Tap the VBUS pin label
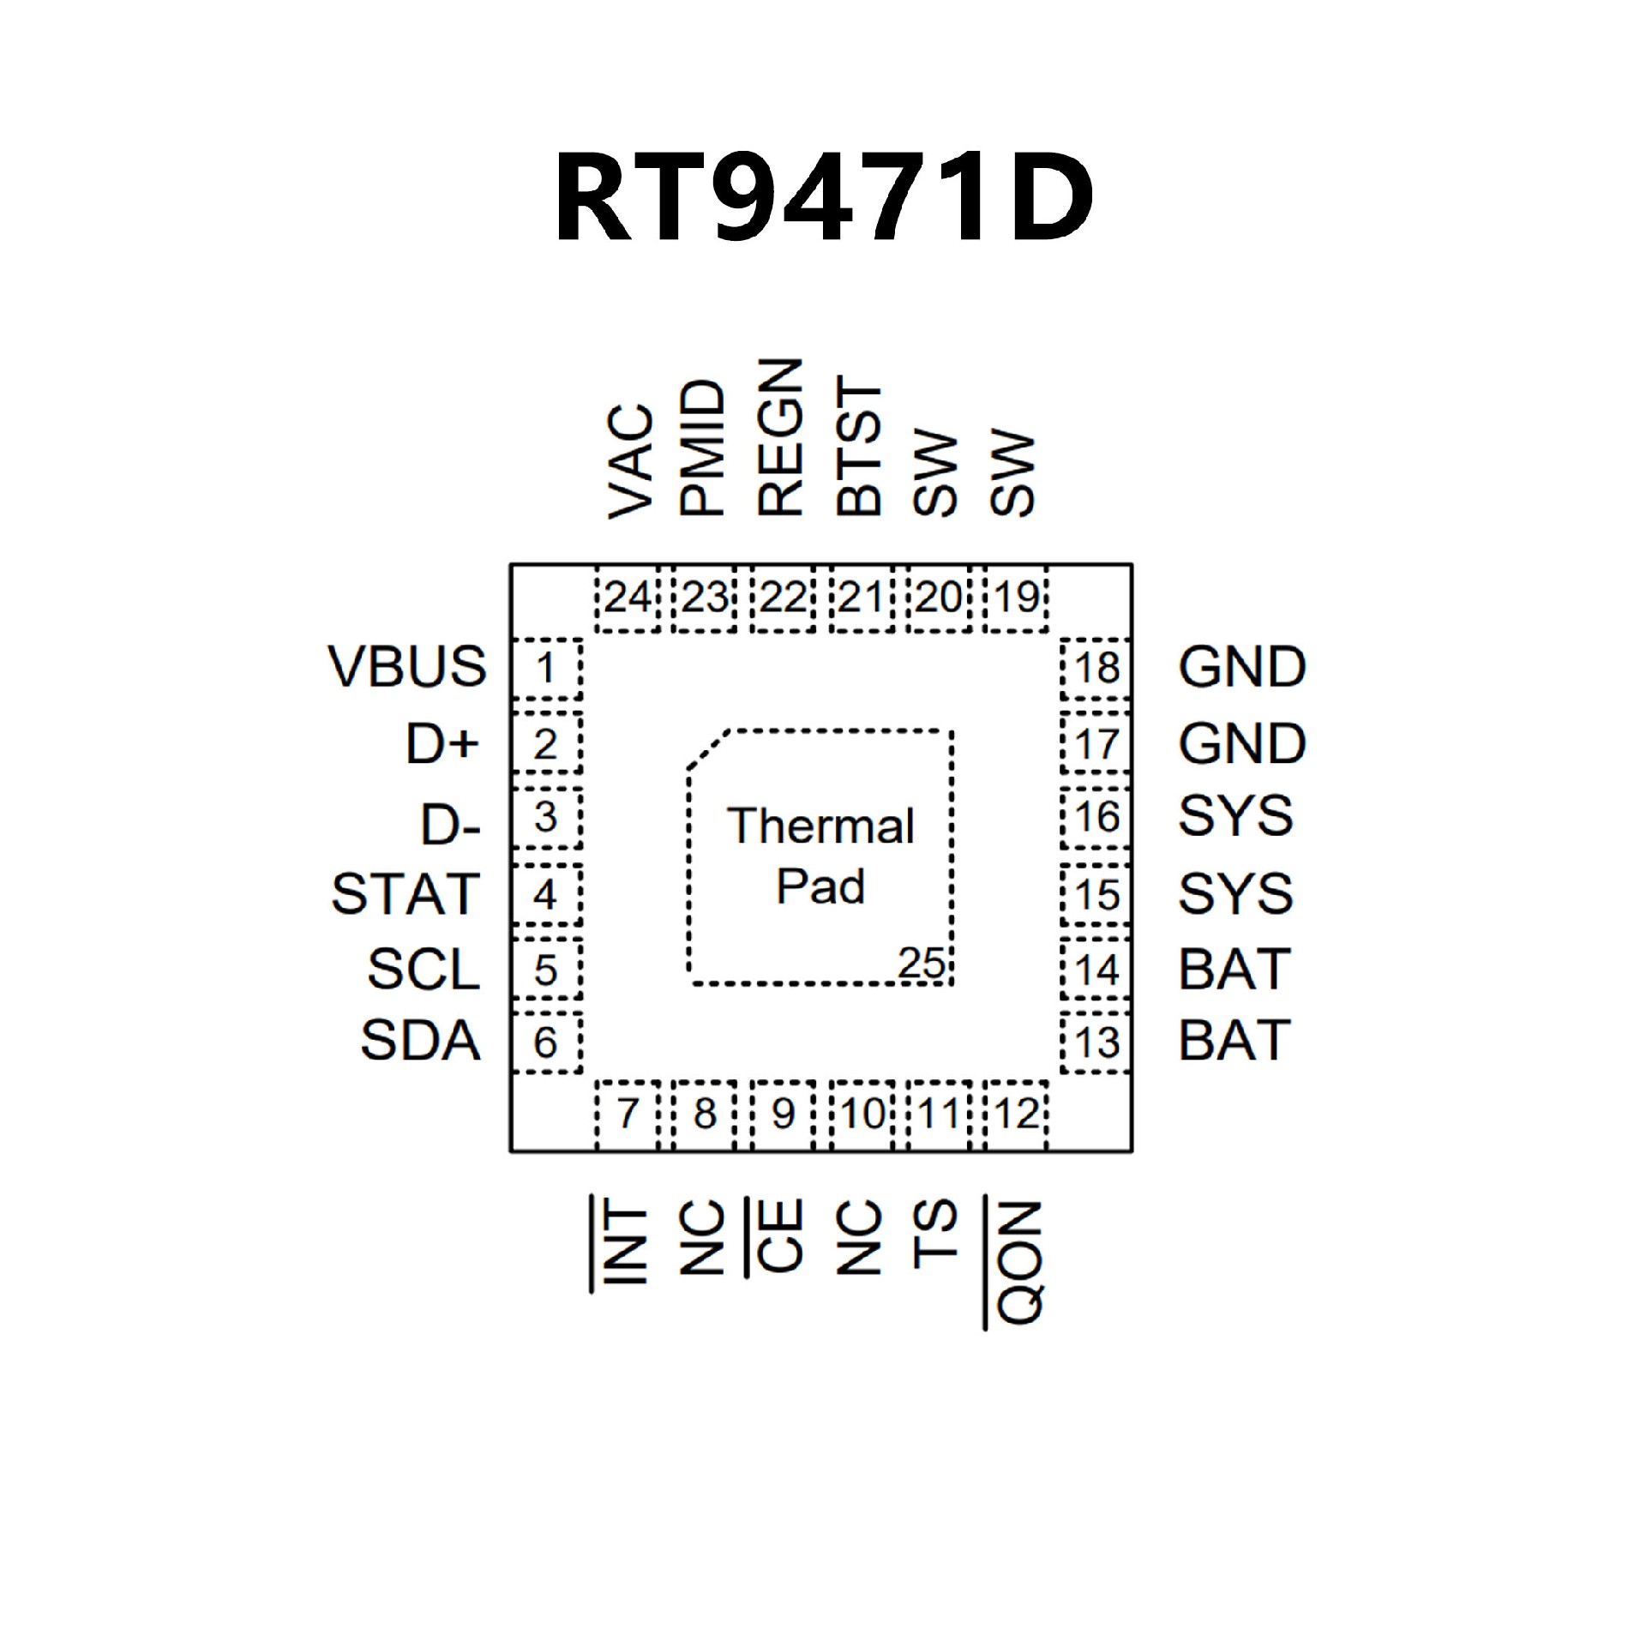407,666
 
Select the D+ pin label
442,743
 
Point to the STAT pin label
405,894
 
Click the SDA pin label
420,1041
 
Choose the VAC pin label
631,462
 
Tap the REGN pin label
780,437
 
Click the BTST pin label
859,446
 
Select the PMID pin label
703,448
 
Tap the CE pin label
780,1234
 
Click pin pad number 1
545,668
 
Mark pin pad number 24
628,598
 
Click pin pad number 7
628,1114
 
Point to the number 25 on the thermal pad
921,964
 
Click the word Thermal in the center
821,826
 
